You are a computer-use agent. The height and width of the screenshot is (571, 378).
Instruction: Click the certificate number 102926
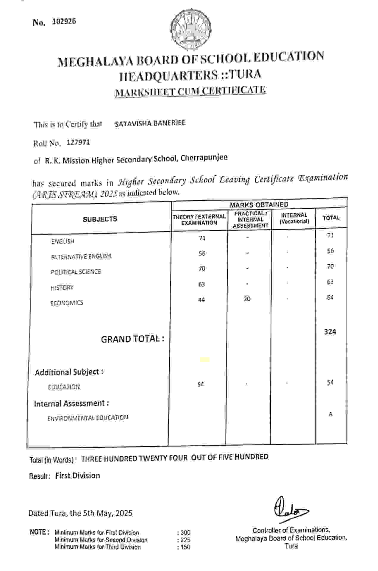click(x=64, y=21)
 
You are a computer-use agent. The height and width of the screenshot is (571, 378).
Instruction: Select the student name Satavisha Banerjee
click(x=150, y=123)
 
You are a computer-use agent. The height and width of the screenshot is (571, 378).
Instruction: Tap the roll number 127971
click(x=78, y=143)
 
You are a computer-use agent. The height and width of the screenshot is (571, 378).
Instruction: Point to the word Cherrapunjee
click(x=204, y=157)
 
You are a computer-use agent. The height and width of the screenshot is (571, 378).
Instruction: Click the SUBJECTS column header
click(x=100, y=219)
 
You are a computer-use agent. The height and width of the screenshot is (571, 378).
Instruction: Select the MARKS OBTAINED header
click(x=259, y=205)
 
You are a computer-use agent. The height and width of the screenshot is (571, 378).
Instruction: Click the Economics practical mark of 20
click(x=247, y=299)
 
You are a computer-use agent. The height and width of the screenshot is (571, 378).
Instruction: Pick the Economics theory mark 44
click(x=202, y=299)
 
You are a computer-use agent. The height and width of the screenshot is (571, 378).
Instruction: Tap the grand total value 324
click(x=330, y=332)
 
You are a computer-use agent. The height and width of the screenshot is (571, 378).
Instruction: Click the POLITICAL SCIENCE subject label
click(x=76, y=272)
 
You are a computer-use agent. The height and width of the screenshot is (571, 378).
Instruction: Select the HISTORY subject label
click(x=62, y=288)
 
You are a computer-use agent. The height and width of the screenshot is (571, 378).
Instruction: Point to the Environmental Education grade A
click(x=330, y=414)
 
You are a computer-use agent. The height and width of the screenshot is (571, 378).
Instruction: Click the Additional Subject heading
click(x=69, y=372)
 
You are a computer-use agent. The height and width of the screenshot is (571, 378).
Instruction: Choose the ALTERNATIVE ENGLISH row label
click(x=81, y=256)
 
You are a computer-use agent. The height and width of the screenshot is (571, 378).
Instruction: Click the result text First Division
click(x=78, y=475)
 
